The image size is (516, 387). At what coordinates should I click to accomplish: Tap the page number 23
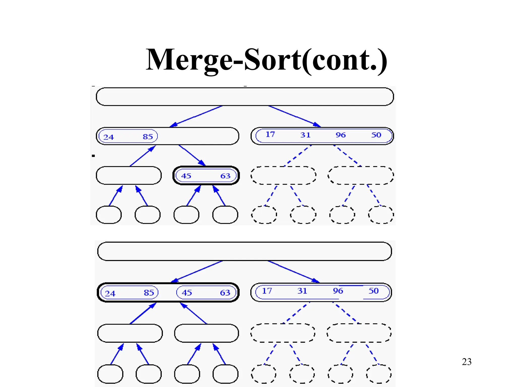(x=467, y=362)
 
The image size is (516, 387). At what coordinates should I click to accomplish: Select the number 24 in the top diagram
(x=109, y=137)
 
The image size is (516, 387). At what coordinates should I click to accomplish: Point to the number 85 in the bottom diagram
(x=149, y=293)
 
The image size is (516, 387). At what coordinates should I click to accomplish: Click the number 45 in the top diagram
(x=186, y=176)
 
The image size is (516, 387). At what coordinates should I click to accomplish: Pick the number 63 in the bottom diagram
(x=225, y=293)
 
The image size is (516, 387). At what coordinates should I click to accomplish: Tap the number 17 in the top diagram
(x=270, y=135)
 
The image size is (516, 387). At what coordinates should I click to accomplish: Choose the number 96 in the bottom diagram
(x=338, y=291)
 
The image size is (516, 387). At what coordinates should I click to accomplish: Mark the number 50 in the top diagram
(x=376, y=135)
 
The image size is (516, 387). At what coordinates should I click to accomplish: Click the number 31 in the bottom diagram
(x=302, y=291)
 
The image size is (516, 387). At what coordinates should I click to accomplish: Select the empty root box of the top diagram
(x=245, y=97)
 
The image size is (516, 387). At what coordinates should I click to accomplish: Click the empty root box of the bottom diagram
(x=244, y=251)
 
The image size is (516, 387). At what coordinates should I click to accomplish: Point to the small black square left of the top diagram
(x=93, y=156)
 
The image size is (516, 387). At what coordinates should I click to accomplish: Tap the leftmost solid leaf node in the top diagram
(x=109, y=215)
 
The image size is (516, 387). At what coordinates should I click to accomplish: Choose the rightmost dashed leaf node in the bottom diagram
(x=379, y=374)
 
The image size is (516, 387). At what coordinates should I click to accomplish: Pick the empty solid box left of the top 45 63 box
(x=128, y=175)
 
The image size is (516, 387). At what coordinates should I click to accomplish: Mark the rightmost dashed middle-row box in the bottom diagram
(x=359, y=333)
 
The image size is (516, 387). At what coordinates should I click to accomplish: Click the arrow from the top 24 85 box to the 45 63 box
(x=192, y=155)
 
